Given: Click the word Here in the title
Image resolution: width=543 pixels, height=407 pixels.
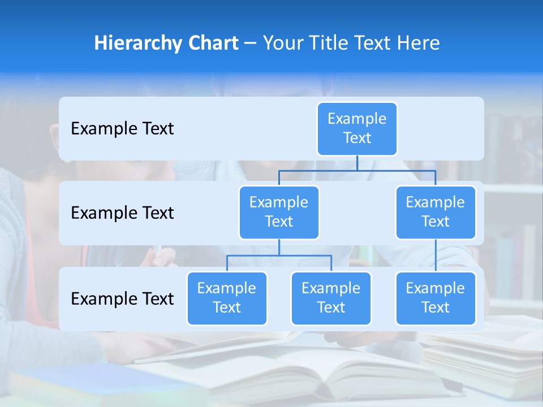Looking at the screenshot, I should click(x=419, y=44).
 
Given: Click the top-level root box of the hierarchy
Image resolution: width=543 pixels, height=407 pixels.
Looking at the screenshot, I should click(x=357, y=128).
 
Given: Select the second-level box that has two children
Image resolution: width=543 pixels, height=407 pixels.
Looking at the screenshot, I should click(x=279, y=212).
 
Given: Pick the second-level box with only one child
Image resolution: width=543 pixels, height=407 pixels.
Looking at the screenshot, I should click(x=436, y=212).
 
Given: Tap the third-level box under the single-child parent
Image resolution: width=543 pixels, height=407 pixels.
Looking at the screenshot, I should click(x=436, y=298).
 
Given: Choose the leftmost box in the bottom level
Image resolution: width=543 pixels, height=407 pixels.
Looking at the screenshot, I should click(x=227, y=298).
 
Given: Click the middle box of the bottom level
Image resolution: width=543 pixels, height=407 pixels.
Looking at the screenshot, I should click(x=331, y=298).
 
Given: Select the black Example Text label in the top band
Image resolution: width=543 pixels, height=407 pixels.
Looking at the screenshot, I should click(x=122, y=129).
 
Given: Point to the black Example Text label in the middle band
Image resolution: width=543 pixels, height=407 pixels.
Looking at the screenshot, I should click(x=122, y=213).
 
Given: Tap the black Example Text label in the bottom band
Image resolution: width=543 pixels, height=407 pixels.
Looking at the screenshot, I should click(x=122, y=298).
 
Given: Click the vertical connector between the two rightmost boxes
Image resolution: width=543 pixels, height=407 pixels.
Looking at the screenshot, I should click(x=436, y=256).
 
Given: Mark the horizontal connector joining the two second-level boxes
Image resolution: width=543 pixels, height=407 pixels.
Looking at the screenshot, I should click(x=357, y=170).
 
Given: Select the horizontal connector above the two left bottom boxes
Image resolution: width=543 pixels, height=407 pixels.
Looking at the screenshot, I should click(x=279, y=256).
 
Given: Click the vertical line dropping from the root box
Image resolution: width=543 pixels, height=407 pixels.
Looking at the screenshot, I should click(x=357, y=163).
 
